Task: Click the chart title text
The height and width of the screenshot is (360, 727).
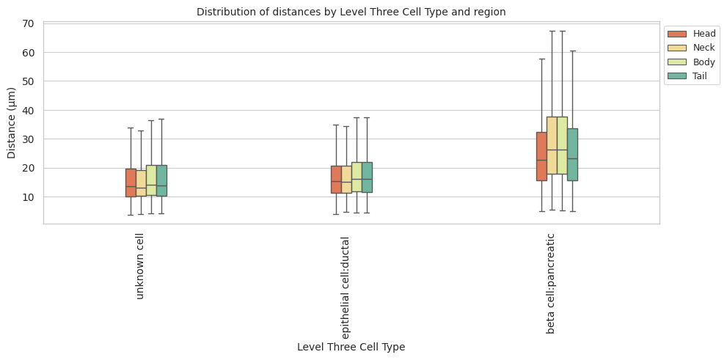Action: coord(351,12)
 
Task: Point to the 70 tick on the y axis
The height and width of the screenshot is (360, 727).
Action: coord(29,23)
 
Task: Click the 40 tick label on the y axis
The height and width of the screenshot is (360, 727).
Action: coord(29,110)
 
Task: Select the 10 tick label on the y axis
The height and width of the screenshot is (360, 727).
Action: coord(29,197)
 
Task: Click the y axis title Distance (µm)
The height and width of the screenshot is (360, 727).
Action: coord(12,122)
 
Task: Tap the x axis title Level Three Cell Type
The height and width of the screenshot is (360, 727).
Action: coord(351,347)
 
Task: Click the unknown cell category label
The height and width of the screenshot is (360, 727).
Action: coord(140,267)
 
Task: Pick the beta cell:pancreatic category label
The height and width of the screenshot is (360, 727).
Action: coord(551,283)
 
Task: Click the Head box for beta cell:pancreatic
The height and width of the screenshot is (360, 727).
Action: coord(541,156)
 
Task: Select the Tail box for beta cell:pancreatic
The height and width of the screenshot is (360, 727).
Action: coord(572,154)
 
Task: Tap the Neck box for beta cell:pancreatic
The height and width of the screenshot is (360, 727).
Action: coord(552,145)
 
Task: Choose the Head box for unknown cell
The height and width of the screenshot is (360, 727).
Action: coord(131,183)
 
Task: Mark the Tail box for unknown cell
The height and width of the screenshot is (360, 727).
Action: coord(161,180)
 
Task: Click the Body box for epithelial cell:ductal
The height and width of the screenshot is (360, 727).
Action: coord(357,177)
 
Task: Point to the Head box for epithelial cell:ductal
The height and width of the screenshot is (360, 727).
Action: coord(336,179)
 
